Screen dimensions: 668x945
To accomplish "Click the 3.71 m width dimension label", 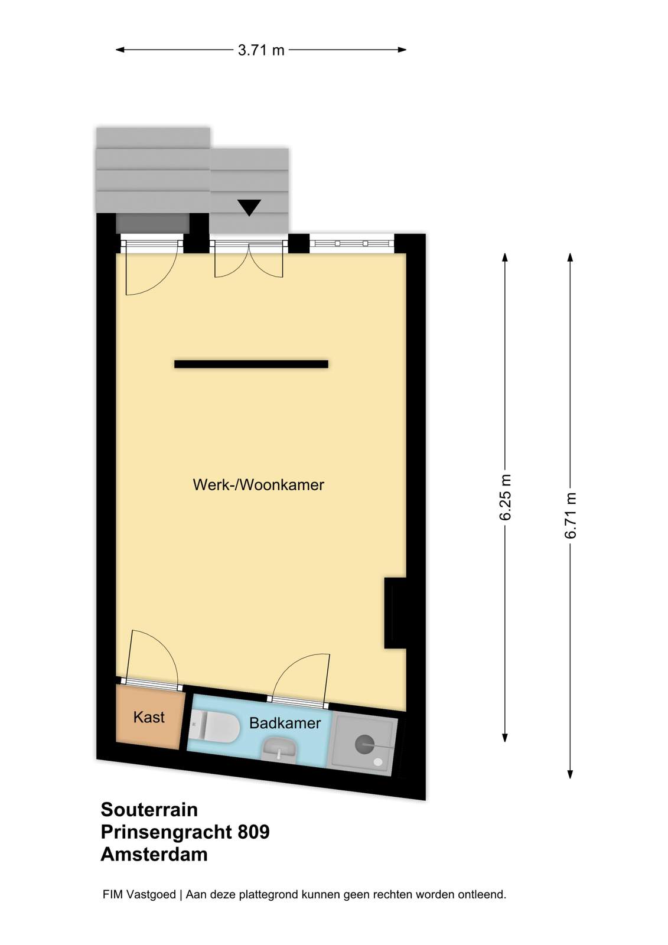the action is [261, 50].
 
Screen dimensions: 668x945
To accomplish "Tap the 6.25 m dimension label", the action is [505, 497].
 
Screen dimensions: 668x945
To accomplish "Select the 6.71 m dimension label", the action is [570, 515].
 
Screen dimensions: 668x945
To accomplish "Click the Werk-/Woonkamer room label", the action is [258, 485].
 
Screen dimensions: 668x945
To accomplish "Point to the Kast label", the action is [148, 717].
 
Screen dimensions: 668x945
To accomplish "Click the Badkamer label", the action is [285, 723].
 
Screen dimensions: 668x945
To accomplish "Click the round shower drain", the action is [364, 744].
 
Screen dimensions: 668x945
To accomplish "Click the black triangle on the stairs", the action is [249, 207].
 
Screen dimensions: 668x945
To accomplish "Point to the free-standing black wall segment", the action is [251, 364].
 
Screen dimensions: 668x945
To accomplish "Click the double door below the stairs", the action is [249, 258].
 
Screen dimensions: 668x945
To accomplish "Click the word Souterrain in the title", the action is [149, 810].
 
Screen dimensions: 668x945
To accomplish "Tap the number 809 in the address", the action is [253, 832].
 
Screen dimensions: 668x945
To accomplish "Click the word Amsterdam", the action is [154, 854].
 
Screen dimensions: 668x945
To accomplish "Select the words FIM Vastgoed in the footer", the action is [139, 894].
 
